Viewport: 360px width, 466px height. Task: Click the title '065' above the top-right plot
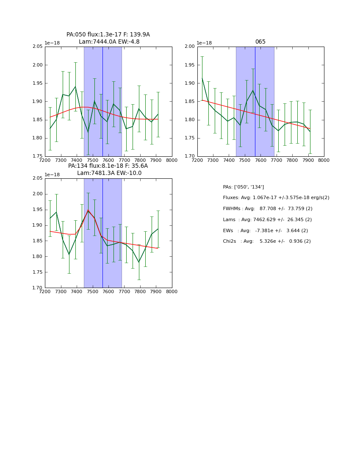click(x=260, y=42)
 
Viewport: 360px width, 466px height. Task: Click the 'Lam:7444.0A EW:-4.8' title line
click(x=109, y=42)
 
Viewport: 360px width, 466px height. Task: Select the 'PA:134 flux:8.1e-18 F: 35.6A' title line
click(x=108, y=166)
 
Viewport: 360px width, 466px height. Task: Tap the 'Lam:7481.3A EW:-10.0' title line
click(x=109, y=173)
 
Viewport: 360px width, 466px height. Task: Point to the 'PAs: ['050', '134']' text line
click(x=243, y=187)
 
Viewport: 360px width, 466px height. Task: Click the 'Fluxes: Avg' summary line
click(x=276, y=198)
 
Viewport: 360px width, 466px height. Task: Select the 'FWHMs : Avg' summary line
click(x=268, y=209)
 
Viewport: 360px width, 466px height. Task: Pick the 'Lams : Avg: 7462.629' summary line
click(x=267, y=220)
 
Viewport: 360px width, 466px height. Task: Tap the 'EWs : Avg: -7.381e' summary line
click(x=265, y=230)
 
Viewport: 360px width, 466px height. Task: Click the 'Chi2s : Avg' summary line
click(x=267, y=241)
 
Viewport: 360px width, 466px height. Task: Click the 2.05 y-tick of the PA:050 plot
click(x=38, y=47)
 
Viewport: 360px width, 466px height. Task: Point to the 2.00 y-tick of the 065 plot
click(x=189, y=47)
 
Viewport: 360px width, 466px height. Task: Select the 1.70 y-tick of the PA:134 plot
click(x=38, y=288)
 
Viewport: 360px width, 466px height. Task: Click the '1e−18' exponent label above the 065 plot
click(x=204, y=43)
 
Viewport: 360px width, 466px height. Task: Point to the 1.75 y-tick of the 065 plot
click(x=189, y=138)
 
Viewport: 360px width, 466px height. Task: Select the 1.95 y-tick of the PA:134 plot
click(x=38, y=210)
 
